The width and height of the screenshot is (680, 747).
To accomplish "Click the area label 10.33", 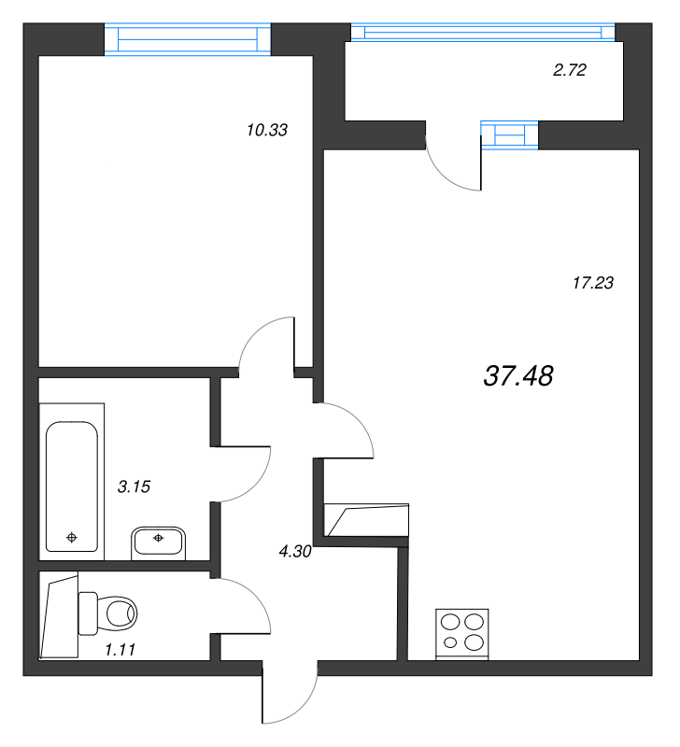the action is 267,130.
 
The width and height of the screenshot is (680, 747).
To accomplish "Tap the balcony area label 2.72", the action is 570,70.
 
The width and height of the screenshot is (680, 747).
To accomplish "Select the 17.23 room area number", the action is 593,283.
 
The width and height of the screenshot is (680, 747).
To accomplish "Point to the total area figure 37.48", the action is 518,375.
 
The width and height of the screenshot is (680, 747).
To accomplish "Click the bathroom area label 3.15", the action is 134,486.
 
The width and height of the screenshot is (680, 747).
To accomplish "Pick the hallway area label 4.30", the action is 295,551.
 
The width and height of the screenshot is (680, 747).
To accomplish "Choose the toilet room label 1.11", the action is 120,649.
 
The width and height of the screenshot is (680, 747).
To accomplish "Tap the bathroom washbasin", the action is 158,543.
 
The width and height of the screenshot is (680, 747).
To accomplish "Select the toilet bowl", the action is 107,613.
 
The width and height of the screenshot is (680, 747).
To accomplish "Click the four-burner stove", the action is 462,634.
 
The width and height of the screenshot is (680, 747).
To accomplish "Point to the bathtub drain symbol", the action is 72,538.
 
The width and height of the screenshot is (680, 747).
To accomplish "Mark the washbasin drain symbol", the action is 158,538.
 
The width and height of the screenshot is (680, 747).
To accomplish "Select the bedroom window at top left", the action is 188,39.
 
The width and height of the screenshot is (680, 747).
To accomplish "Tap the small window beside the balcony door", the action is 509,134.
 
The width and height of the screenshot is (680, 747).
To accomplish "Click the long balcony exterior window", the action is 483,33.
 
